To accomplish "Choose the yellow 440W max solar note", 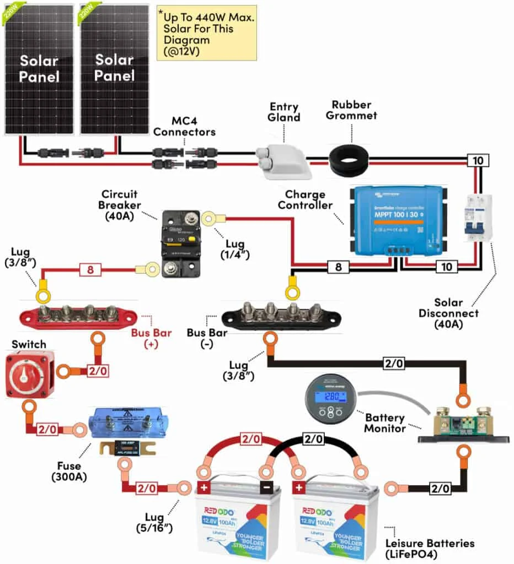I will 206,32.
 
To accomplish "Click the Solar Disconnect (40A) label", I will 456,313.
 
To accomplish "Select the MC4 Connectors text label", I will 184,126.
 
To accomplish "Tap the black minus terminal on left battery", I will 267,488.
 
